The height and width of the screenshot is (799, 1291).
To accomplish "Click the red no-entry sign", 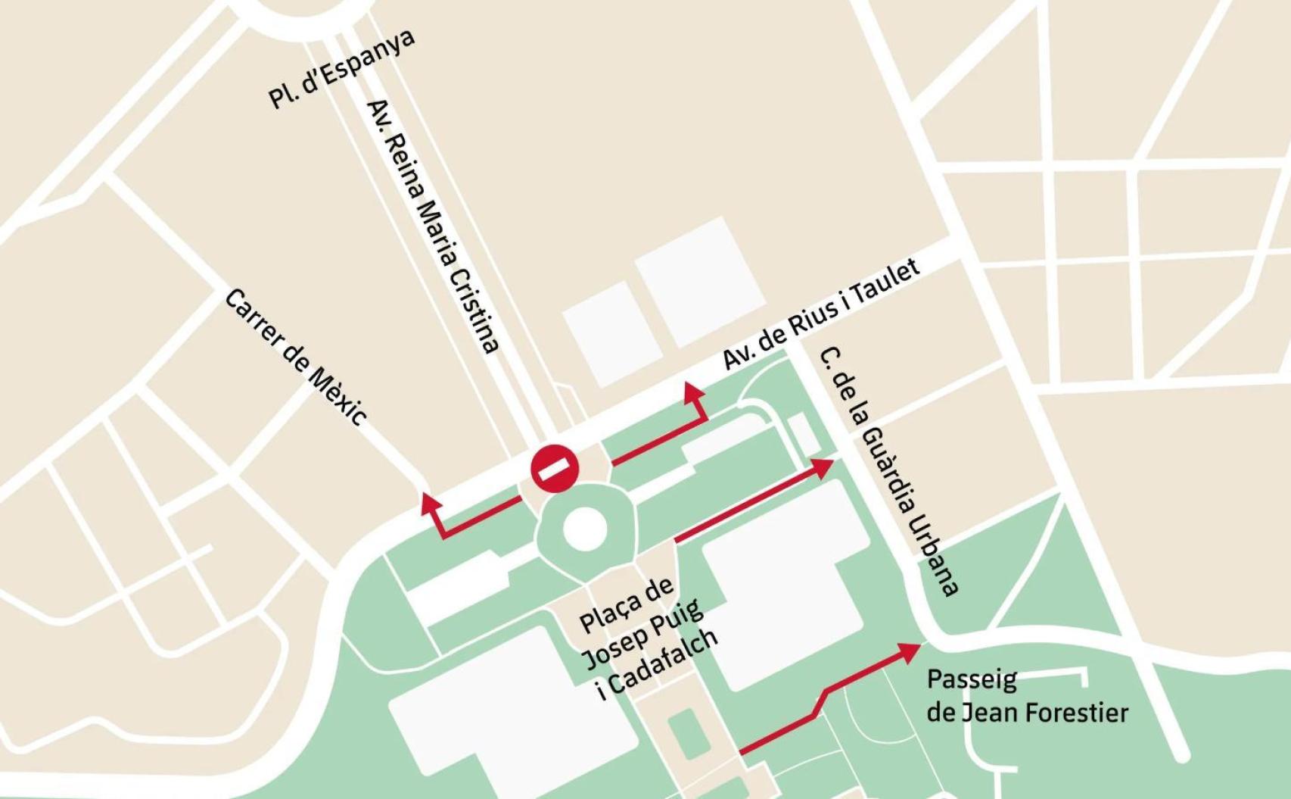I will [555, 469].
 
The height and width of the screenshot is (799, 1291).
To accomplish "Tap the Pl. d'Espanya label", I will [341, 70].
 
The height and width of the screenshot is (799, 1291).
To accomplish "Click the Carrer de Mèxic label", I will [296, 357].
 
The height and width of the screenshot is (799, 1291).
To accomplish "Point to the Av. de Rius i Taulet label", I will [821, 314].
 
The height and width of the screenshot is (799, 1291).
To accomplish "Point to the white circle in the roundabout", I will [584, 528].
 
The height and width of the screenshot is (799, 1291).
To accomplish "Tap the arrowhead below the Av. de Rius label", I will [691, 392].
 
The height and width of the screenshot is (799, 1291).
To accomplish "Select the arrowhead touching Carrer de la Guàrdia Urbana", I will [822, 467].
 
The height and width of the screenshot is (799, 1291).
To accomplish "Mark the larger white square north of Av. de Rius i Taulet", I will [698, 280].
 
